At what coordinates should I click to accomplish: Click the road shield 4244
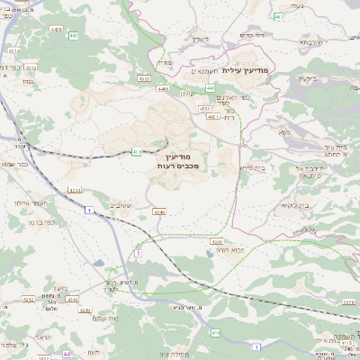[74, 192]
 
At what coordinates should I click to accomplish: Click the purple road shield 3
[138, 253]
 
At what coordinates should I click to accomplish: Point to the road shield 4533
[144, 79]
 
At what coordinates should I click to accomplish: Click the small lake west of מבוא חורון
[96, 264]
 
